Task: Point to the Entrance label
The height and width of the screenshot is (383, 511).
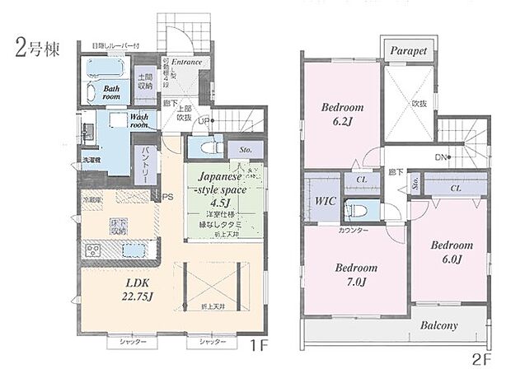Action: pos(186,62)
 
